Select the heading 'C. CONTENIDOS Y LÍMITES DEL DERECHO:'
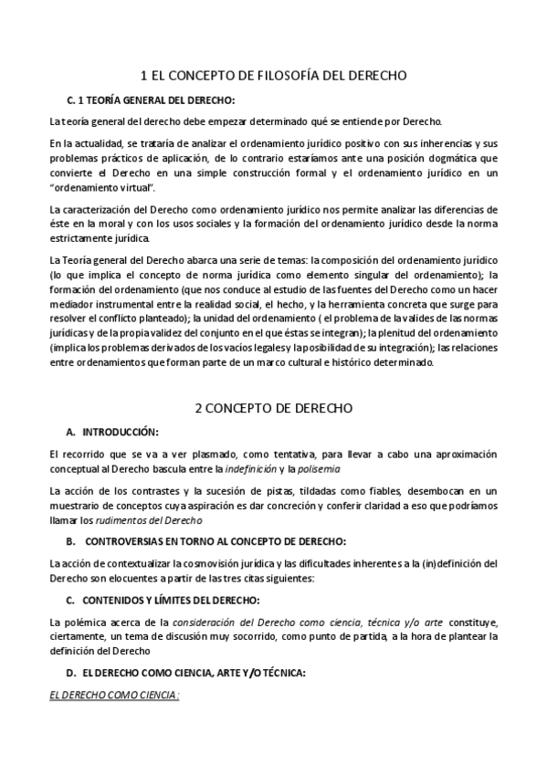pyautogui.click(x=163, y=599)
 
